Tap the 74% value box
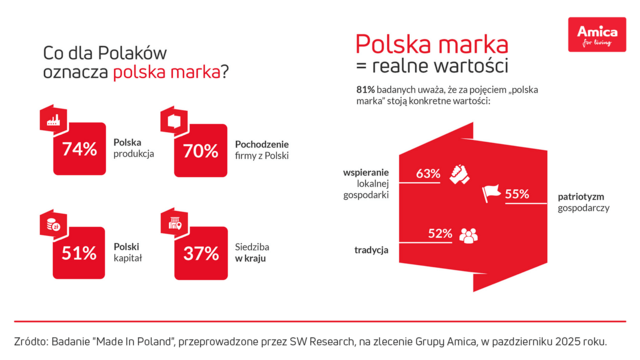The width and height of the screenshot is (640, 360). pyautogui.click(x=80, y=151)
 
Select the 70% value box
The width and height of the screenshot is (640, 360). pyautogui.click(x=201, y=151)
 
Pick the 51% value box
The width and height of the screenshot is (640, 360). pyautogui.click(x=80, y=253)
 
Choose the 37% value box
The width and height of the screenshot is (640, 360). pyautogui.click(x=201, y=253)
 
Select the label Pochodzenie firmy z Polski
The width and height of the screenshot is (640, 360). pyautogui.click(x=262, y=148)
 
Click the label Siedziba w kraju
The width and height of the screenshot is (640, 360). pyautogui.click(x=254, y=251)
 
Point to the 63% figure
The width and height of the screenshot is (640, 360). pyautogui.click(x=428, y=173)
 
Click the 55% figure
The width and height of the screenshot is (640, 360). pyautogui.click(x=516, y=194)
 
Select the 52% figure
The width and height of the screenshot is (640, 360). pyautogui.click(x=440, y=234)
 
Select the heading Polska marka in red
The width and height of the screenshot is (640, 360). pyautogui.click(x=431, y=45)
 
